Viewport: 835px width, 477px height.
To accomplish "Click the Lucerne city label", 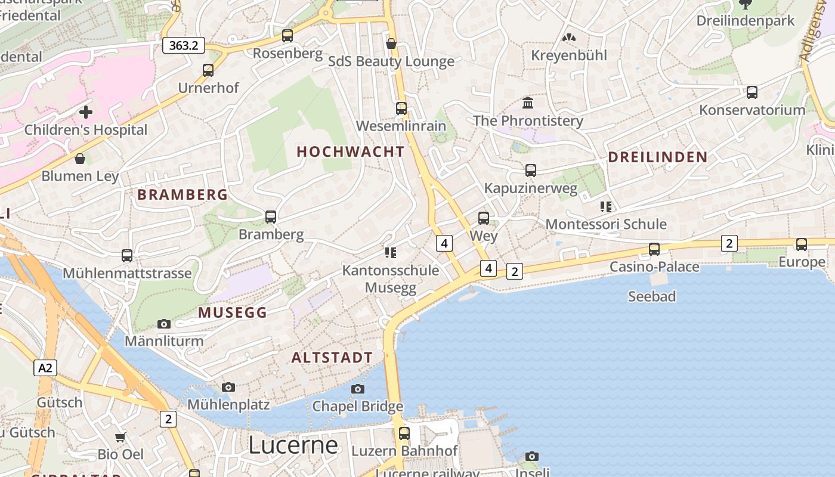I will click(293, 445).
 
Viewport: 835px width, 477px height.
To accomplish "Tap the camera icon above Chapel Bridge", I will click(358, 389).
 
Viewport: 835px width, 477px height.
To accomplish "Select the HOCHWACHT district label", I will click(351, 152).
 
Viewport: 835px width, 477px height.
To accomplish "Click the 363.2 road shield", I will click(184, 45).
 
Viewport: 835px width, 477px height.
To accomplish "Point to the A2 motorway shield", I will click(45, 368).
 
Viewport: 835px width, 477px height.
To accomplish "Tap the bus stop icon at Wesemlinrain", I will click(401, 109).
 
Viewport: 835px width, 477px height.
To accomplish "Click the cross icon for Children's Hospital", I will click(86, 112).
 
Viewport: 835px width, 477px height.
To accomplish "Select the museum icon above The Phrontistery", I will click(528, 103).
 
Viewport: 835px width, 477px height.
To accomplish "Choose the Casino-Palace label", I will click(654, 267).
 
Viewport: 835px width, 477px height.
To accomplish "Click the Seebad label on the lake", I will click(652, 296).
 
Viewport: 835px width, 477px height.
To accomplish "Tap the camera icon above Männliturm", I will click(164, 324).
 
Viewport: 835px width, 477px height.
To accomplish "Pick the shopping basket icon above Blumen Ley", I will click(80, 159).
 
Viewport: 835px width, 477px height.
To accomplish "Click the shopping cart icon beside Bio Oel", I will click(120, 437).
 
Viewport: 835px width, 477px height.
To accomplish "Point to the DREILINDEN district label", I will click(657, 157).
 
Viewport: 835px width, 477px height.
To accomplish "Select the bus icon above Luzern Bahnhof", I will click(404, 433).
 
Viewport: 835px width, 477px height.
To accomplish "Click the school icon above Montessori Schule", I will click(606, 207).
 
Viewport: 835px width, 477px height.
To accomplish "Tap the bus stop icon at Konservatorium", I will click(752, 92).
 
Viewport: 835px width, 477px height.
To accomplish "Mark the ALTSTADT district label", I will click(332, 358).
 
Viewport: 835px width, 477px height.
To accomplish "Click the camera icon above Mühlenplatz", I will click(228, 388).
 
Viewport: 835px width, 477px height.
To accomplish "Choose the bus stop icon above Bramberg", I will click(271, 217).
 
